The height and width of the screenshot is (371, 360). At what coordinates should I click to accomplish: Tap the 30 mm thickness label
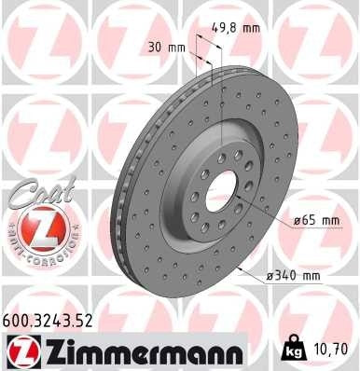pyautogui.click(x=168, y=46)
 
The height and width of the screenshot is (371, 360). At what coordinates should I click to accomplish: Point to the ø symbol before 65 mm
pyautogui.click(x=296, y=220)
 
